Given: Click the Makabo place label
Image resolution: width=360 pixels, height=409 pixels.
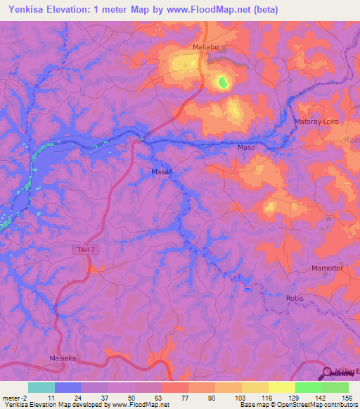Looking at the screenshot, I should [x=206, y=48].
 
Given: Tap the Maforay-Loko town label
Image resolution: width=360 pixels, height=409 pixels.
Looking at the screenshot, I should [x=316, y=122].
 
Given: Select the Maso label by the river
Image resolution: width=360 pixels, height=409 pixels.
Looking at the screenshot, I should [x=246, y=148].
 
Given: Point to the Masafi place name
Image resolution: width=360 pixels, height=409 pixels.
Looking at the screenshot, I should [x=162, y=171].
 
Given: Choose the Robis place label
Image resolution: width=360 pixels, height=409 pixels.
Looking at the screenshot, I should [x=295, y=298].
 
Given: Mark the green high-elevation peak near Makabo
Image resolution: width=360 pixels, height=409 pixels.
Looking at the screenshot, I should [x=223, y=83].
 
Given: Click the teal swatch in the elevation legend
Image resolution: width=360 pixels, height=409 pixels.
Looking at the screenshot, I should [x=41, y=387].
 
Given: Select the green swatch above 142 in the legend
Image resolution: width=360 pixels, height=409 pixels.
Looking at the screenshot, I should [x=308, y=387].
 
